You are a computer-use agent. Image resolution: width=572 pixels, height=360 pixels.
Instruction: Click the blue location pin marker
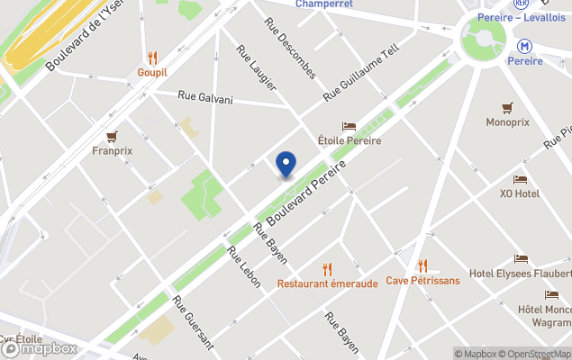pos(286,165)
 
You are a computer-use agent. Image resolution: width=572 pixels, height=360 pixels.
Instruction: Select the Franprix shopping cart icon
pos(112,137)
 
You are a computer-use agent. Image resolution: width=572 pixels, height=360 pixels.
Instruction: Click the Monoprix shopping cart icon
pos(507,107)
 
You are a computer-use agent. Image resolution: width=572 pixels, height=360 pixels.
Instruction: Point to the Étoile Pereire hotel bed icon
pos(349,127)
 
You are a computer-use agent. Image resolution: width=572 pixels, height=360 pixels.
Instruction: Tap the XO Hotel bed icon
pos(520,179)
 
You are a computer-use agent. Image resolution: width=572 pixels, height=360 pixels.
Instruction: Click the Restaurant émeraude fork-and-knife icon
pos(327,268)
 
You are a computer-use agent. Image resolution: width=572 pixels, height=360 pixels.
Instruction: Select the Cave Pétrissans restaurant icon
pos(422,265)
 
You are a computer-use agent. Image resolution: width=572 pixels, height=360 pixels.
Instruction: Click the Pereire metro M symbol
pos(524,45)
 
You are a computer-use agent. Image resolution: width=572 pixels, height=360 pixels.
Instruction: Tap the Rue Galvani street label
pos(204,97)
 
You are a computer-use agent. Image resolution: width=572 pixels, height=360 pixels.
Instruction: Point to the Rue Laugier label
pos(256,67)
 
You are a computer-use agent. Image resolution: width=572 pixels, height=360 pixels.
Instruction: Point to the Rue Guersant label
pos(193,322)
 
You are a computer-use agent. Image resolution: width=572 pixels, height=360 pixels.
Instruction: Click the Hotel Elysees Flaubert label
pos(520,274)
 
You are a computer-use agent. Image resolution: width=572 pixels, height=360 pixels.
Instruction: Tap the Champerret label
pos(324,4)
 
